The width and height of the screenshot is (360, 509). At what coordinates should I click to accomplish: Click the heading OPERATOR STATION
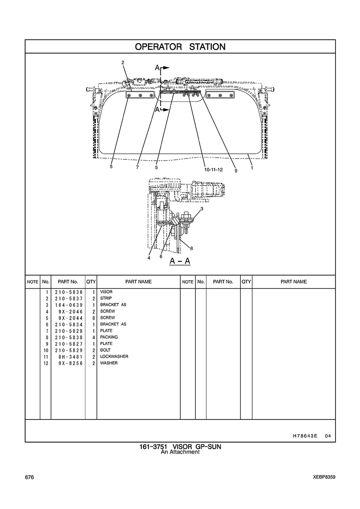coord(180,47)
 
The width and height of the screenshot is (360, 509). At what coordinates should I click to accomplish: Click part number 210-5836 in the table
coord(68,292)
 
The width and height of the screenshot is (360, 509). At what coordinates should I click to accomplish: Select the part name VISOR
coord(106,292)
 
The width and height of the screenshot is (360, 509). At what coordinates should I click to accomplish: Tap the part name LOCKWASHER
coord(114,356)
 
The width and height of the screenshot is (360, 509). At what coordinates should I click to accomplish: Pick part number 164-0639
coord(68,305)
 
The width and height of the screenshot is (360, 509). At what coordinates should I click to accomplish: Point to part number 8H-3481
coord(70,356)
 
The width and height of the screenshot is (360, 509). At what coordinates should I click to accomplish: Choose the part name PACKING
coord(109,337)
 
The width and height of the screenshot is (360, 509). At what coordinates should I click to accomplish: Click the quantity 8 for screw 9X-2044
coord(93,318)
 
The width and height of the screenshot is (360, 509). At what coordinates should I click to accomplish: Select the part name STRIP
coord(106,298)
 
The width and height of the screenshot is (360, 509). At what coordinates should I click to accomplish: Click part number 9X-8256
coord(70,363)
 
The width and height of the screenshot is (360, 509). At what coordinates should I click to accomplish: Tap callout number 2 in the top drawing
coord(123,63)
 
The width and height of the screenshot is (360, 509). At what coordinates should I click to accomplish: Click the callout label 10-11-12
coord(213,170)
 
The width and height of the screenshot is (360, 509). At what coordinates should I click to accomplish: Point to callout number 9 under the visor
coord(236,170)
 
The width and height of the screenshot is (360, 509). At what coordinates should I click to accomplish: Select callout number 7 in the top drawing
coord(137,168)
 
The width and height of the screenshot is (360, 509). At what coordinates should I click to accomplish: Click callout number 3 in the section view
coord(201,209)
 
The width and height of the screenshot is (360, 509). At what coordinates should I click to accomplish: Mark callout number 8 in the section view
coord(192,248)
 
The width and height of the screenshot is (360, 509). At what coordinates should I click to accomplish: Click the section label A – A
coord(180,261)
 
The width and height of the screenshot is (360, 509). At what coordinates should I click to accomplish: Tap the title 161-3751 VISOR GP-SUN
coord(180,447)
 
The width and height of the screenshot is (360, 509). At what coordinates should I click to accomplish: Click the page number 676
coord(30,477)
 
